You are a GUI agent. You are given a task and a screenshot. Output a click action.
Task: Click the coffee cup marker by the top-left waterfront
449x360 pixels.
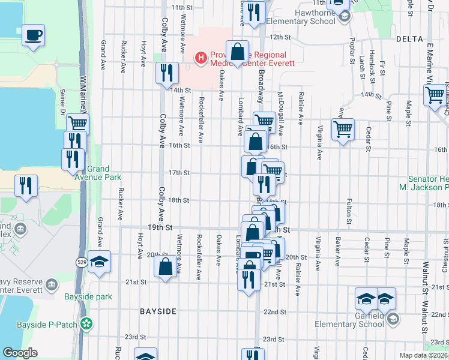pyautogui.click(x=33, y=34)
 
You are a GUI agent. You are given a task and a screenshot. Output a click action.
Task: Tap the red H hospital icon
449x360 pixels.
pyautogui.click(x=200, y=58)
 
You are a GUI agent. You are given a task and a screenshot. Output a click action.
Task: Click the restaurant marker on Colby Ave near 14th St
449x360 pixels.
pyautogui.click(x=166, y=73)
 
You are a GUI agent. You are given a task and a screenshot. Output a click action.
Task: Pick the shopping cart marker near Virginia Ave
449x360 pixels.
pyautogui.click(x=342, y=129)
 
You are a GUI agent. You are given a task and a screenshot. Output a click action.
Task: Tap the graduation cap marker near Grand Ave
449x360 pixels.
pyautogui.click(x=99, y=262)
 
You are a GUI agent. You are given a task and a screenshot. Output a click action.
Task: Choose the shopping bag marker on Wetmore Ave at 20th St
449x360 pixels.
pyautogui.click(x=165, y=266)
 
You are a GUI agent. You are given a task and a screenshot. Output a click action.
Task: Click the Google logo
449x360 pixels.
pyautogui.click(x=20, y=353)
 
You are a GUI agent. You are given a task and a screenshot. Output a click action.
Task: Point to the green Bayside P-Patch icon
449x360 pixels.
pyautogui.click(x=88, y=324)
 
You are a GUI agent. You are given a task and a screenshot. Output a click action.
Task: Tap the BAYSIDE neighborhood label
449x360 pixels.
pyautogui.click(x=158, y=311)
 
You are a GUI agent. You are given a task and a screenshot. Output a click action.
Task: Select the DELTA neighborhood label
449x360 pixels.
pyautogui.click(x=410, y=38)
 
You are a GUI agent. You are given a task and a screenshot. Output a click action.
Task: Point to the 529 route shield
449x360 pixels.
pyautogui.click(x=81, y=262)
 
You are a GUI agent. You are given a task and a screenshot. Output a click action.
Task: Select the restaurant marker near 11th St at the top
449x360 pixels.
pyautogui.click(x=255, y=12)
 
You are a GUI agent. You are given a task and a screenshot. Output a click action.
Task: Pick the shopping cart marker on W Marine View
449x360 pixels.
pyautogui.click(x=77, y=124)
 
